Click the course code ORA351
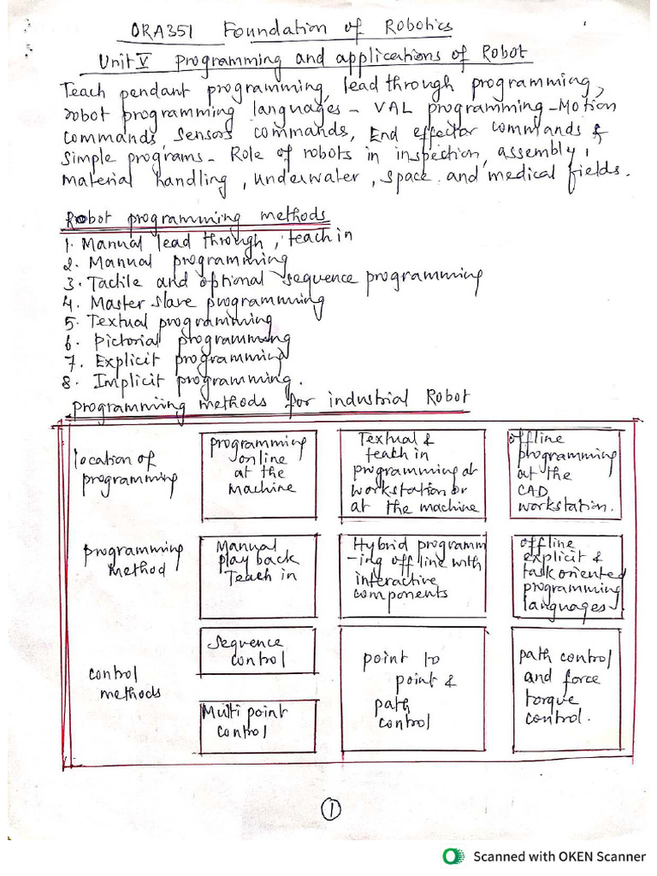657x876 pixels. pyautogui.click(x=164, y=33)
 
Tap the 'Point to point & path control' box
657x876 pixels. pyautogui.click(x=411, y=689)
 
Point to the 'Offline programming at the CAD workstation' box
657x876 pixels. pyautogui.click(x=565, y=473)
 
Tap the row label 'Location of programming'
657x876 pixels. pyautogui.click(x=125, y=471)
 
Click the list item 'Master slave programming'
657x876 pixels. pyautogui.click(x=193, y=302)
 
